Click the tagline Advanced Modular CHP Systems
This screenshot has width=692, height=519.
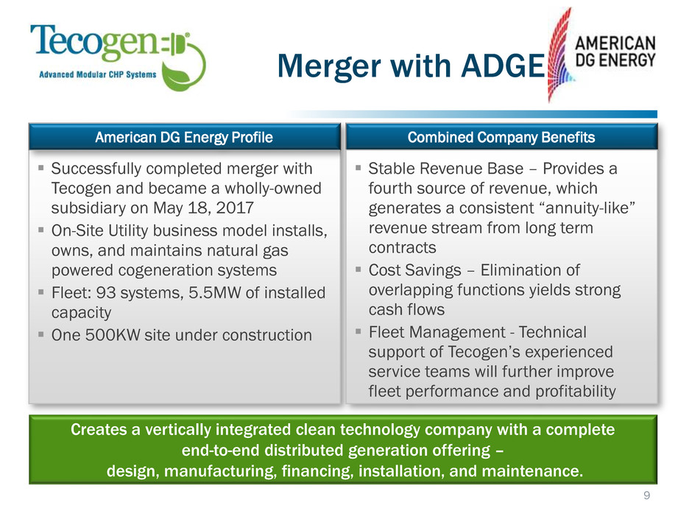97,74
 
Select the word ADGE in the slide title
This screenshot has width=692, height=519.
503,66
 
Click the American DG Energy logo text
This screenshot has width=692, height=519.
615,52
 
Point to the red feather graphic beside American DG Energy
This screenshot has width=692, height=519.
559,55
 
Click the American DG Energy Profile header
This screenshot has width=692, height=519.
184,137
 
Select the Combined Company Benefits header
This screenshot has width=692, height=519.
501,137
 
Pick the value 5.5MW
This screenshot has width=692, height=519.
215,292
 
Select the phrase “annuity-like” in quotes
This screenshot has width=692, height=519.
590,208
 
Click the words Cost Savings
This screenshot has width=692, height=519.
415,269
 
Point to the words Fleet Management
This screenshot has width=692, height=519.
437,332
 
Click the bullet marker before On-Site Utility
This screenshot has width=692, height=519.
41,230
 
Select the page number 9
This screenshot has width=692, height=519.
646,495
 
